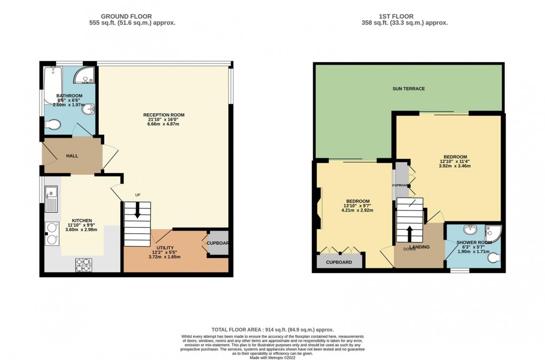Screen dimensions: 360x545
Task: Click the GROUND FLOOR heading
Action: (133, 17)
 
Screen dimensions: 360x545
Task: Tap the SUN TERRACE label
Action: (408, 89)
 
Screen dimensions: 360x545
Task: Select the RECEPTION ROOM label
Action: (163, 115)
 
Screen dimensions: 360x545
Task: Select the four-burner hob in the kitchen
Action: (84, 264)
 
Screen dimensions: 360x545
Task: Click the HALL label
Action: (72, 155)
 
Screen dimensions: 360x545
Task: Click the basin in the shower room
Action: (470, 230)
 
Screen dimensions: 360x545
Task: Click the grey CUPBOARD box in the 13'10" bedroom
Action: (339, 262)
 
